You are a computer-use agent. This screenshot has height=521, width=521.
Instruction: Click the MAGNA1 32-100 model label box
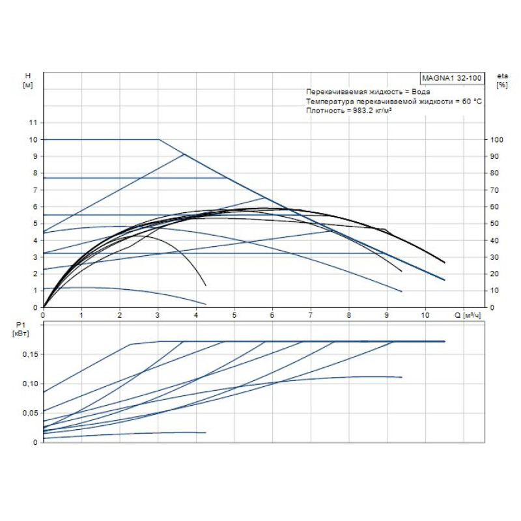[452, 78]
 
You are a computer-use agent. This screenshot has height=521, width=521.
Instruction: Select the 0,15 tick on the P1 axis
[31, 354]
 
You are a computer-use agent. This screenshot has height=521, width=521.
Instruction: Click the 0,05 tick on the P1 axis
[31, 413]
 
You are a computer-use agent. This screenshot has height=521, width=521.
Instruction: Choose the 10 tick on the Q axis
[425, 315]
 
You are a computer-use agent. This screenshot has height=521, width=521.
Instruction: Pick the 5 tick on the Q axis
[234, 315]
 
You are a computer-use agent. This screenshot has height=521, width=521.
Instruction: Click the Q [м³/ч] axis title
[468, 315]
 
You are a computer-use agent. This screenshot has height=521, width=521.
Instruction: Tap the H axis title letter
[27, 76]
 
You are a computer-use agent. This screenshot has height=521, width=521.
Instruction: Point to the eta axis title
[501, 76]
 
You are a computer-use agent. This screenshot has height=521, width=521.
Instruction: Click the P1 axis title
[27, 323]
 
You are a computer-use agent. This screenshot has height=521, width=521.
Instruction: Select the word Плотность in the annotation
[324, 111]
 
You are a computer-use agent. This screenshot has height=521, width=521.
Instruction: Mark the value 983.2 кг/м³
[371, 111]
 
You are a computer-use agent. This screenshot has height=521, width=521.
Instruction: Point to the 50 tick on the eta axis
[496, 223]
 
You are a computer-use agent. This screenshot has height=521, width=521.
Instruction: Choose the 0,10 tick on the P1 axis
[31, 383]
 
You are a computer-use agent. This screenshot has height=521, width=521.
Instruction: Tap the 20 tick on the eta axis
[496, 274]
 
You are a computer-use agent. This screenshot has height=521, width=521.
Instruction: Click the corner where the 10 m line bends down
[158, 139]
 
